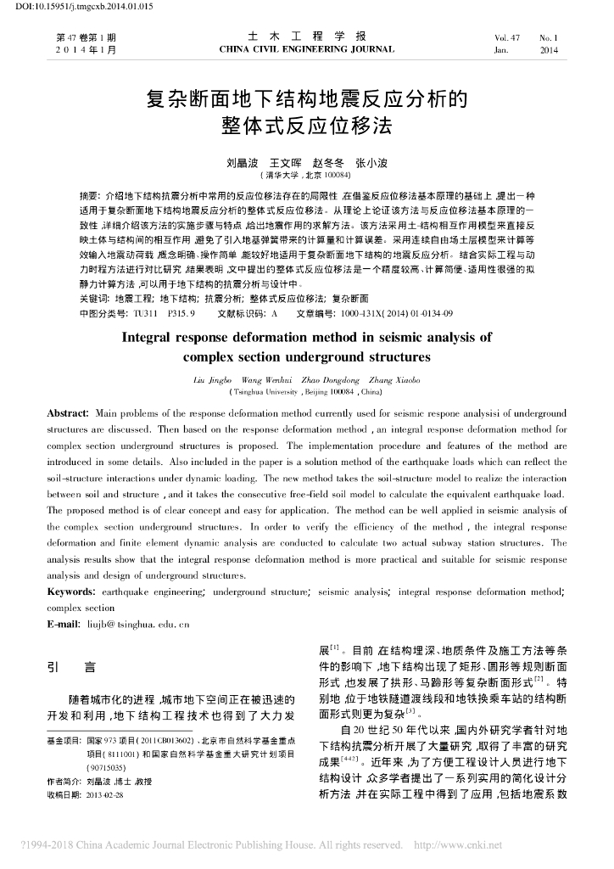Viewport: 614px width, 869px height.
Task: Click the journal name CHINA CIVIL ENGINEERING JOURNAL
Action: coord(306,49)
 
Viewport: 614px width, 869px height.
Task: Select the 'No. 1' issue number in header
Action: coord(549,38)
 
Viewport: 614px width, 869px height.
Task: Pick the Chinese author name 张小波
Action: coord(371,162)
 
